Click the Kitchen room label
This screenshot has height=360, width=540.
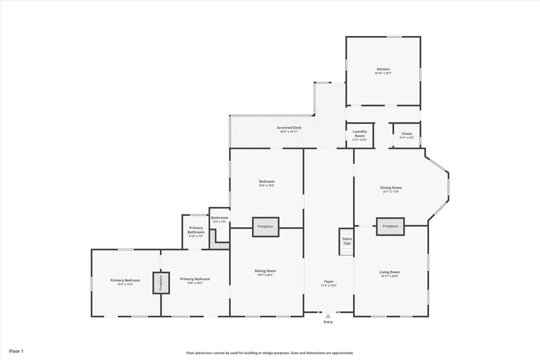point(383,69)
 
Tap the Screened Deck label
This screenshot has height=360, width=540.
point(289,128)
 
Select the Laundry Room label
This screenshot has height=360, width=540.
point(360,134)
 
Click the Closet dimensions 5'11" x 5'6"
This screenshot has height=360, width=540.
point(407,138)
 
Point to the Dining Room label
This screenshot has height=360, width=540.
point(391,188)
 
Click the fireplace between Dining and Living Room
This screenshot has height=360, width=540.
point(390,226)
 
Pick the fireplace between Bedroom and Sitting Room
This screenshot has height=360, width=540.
point(265,227)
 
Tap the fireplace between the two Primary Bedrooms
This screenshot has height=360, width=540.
point(161,283)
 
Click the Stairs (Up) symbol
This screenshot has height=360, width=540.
point(346,241)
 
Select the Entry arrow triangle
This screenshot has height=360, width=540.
point(328,316)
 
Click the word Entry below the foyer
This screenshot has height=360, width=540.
point(328,322)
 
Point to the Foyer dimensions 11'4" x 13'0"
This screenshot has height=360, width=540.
point(329,285)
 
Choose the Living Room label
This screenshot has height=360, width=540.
point(390,272)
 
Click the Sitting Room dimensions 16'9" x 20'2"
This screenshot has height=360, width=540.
point(265,275)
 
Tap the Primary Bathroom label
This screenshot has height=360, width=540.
point(196,230)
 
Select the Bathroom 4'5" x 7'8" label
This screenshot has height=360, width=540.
point(219,219)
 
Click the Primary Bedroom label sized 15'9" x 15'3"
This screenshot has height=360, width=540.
point(125,282)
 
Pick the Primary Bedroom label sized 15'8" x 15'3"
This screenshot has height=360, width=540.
point(195,281)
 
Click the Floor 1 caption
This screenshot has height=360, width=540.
point(16,351)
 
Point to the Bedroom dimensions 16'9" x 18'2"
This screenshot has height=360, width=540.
point(267,185)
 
